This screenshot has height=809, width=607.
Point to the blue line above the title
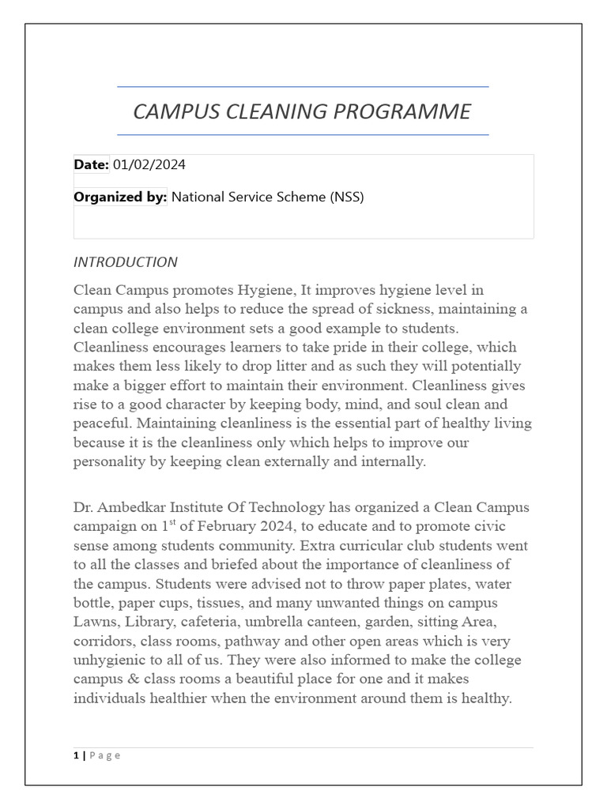point(303,87)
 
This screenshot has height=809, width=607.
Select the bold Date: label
point(91,165)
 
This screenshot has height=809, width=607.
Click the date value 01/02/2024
point(149,165)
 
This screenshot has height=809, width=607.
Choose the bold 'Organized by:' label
point(120,198)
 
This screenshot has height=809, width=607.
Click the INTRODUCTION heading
point(125,262)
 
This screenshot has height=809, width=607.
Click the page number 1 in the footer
point(76,755)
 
